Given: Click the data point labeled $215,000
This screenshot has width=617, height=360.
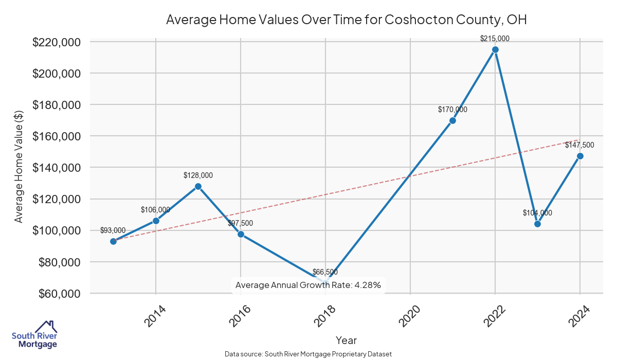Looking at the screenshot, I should (495, 49).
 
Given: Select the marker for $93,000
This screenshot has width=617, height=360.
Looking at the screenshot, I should (113, 241).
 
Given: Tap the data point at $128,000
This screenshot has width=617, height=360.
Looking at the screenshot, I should (198, 186).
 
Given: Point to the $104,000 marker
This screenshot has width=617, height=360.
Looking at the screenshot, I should (537, 224).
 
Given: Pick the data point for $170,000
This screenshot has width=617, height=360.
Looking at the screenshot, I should (452, 120).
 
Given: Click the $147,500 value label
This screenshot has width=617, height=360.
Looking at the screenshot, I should (579, 145).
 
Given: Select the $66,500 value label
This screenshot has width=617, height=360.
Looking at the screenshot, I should (325, 272).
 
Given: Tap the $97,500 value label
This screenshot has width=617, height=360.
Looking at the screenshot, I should (241, 223).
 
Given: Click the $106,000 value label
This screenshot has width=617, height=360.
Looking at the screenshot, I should (155, 210).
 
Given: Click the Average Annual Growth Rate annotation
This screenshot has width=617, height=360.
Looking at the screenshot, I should (307, 285).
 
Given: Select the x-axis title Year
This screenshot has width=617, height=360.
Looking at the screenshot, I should (346, 340).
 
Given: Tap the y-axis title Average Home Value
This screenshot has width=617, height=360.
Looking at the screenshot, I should (19, 168).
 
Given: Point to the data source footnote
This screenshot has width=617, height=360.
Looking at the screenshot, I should (308, 354).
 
